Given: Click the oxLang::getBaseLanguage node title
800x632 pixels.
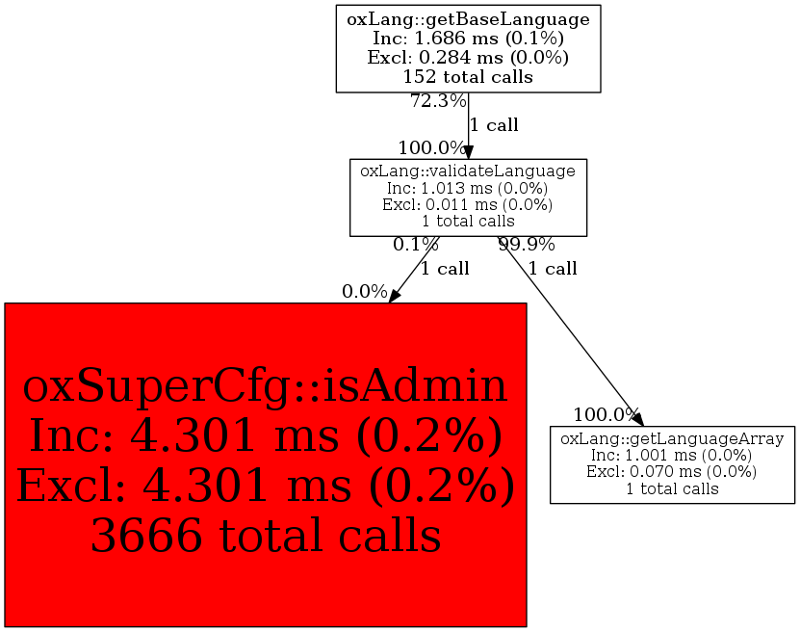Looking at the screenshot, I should click(x=468, y=18).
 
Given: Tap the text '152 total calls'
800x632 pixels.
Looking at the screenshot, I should click(x=468, y=76).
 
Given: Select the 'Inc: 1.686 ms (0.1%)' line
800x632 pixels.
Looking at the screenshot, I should click(x=468, y=38).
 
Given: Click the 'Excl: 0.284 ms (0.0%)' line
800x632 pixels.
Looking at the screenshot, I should click(x=468, y=57).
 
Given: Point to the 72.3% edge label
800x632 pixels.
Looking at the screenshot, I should click(x=438, y=101).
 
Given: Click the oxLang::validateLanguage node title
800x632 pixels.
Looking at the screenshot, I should click(x=468, y=171).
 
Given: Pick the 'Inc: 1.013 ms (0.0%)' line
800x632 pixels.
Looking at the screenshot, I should click(x=468, y=188).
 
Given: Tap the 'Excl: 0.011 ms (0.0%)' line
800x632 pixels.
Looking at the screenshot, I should click(x=468, y=204).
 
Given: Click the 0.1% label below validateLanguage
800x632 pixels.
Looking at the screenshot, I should click(x=416, y=245).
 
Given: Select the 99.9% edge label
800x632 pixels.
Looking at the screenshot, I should click(x=527, y=245).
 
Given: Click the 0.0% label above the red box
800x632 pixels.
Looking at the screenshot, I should click(x=364, y=292).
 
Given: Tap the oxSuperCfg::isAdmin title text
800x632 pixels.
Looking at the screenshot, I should click(x=265, y=386).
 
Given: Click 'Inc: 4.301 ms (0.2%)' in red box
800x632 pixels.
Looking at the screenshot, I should click(x=265, y=436).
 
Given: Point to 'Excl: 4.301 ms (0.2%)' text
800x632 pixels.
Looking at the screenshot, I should click(x=265, y=487).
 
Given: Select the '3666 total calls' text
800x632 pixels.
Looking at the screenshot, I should click(x=265, y=537).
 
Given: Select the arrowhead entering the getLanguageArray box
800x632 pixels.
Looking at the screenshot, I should click(x=638, y=420).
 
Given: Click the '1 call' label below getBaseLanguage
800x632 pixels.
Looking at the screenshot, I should click(x=494, y=125).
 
